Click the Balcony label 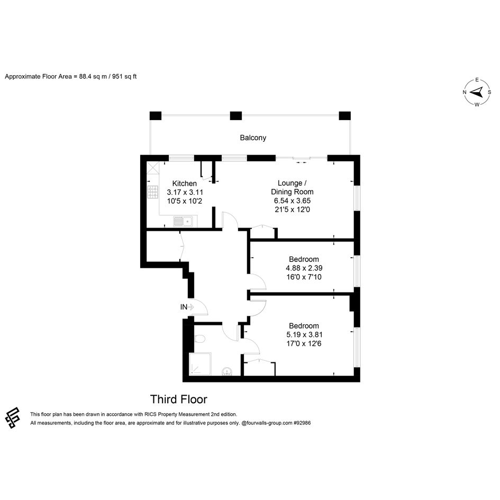coord(253,138)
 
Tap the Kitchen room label coord(184,184)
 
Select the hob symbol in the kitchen coord(153,192)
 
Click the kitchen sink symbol coord(183,221)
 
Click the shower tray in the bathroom coord(200,364)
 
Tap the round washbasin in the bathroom coord(227,371)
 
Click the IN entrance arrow coord(190,307)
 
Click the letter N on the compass coord(465,93)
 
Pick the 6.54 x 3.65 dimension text coord(292,201)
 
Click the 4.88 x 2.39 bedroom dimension coord(304,268)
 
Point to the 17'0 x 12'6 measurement coord(304,344)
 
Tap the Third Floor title coord(179,399)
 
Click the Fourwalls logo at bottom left coord(13,417)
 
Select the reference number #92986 coord(302,423)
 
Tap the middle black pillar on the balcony coord(235,116)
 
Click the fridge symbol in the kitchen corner coord(153,168)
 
